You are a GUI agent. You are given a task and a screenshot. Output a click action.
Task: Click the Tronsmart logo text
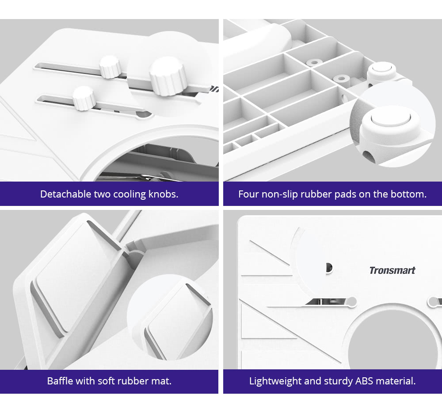pos(392,270)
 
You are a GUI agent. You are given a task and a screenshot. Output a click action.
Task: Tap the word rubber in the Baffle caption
pos(134,381)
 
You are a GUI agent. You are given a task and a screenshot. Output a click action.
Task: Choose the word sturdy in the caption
pos(338,381)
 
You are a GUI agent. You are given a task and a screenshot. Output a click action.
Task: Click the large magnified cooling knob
pos(168,76)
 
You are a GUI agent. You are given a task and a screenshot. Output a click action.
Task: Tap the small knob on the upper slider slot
pos(110,66)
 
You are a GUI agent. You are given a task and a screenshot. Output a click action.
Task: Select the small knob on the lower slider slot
pos(84,98)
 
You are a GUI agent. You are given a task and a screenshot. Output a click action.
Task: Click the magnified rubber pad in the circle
pos(390,124)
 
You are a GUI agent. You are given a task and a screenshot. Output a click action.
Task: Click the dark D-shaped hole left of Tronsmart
pos(329,267)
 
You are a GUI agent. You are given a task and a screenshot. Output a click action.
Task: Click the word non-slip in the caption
pos(279,194)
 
